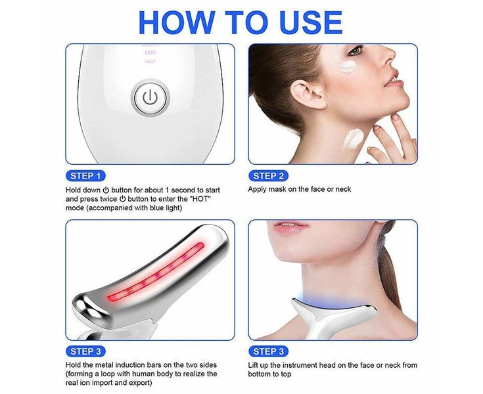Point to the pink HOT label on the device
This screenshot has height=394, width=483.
click(150, 62)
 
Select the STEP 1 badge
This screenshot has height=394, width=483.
click(86, 176)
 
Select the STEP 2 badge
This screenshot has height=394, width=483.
click(268, 176)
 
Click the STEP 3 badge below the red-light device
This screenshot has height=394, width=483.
click(86, 351)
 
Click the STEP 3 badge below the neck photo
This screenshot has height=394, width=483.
click(268, 351)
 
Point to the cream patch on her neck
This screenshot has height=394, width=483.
click(354, 137)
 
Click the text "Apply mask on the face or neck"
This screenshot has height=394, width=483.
click(300, 190)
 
